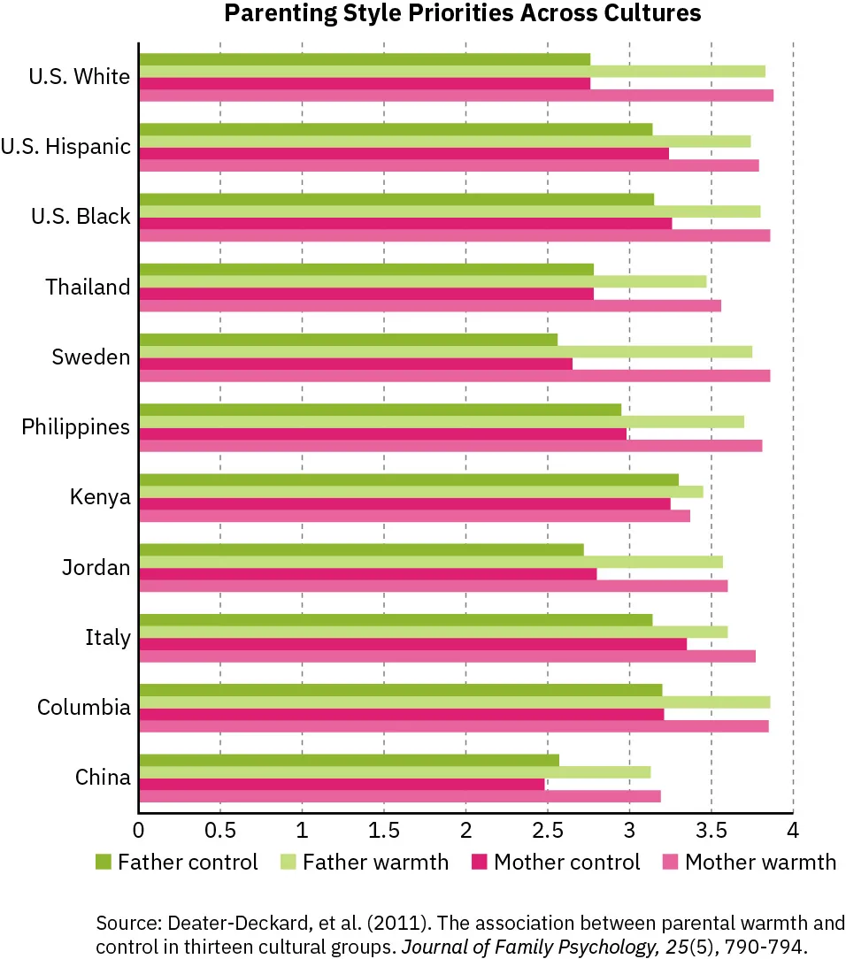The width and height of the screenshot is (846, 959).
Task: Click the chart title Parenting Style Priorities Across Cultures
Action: (x=462, y=13)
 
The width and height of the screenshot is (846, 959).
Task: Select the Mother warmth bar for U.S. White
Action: (x=456, y=96)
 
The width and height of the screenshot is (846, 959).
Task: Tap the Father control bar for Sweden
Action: (x=348, y=340)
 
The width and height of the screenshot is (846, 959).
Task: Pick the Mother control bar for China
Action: (x=342, y=784)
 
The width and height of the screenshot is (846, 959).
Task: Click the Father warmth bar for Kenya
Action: (x=420, y=491)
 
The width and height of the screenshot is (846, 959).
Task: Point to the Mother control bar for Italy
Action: (x=412, y=644)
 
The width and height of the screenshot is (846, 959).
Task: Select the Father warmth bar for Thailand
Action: (x=422, y=281)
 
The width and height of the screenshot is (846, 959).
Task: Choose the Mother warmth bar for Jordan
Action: (x=433, y=586)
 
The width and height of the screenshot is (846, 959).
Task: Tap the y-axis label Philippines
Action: (x=76, y=426)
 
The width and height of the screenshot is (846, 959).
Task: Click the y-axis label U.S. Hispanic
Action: (x=65, y=147)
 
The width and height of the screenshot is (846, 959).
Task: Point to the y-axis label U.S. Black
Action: (x=80, y=217)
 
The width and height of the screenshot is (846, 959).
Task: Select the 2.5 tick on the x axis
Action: (x=547, y=832)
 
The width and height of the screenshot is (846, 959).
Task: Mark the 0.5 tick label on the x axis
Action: (x=219, y=832)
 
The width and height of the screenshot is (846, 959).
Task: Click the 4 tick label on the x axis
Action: (x=793, y=832)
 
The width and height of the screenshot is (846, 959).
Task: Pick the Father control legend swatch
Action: (x=103, y=862)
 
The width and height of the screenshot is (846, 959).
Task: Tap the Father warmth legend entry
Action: (x=375, y=862)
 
